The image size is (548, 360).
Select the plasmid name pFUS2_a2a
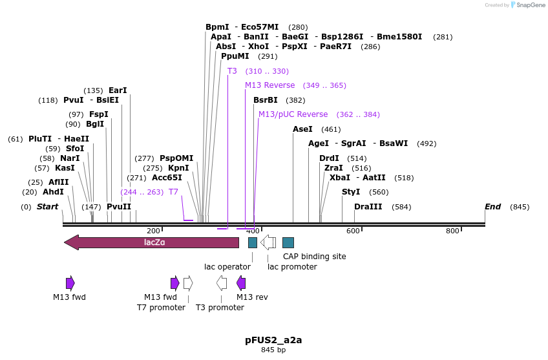[273, 339]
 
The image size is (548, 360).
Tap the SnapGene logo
[528, 5]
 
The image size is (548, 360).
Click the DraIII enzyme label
[368, 207]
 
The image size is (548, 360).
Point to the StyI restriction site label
[350, 192]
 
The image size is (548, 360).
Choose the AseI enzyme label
[302, 129]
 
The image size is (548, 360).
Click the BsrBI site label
[265, 100]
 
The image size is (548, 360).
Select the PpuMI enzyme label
[235, 56]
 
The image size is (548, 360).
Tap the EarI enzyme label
[118, 90]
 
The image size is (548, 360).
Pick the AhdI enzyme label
[53, 192]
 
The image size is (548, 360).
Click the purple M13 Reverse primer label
[269, 85]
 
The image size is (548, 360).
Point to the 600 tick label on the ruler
[353, 231]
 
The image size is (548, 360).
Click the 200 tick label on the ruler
[153, 231]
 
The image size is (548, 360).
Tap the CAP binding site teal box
[288, 242]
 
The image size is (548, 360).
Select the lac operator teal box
[253, 242]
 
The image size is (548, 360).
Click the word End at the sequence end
[492, 207]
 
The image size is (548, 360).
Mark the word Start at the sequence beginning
[47, 207]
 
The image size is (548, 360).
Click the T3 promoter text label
[220, 308]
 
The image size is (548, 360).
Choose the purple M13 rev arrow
[241, 282]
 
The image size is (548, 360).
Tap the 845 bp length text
[273, 350]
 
